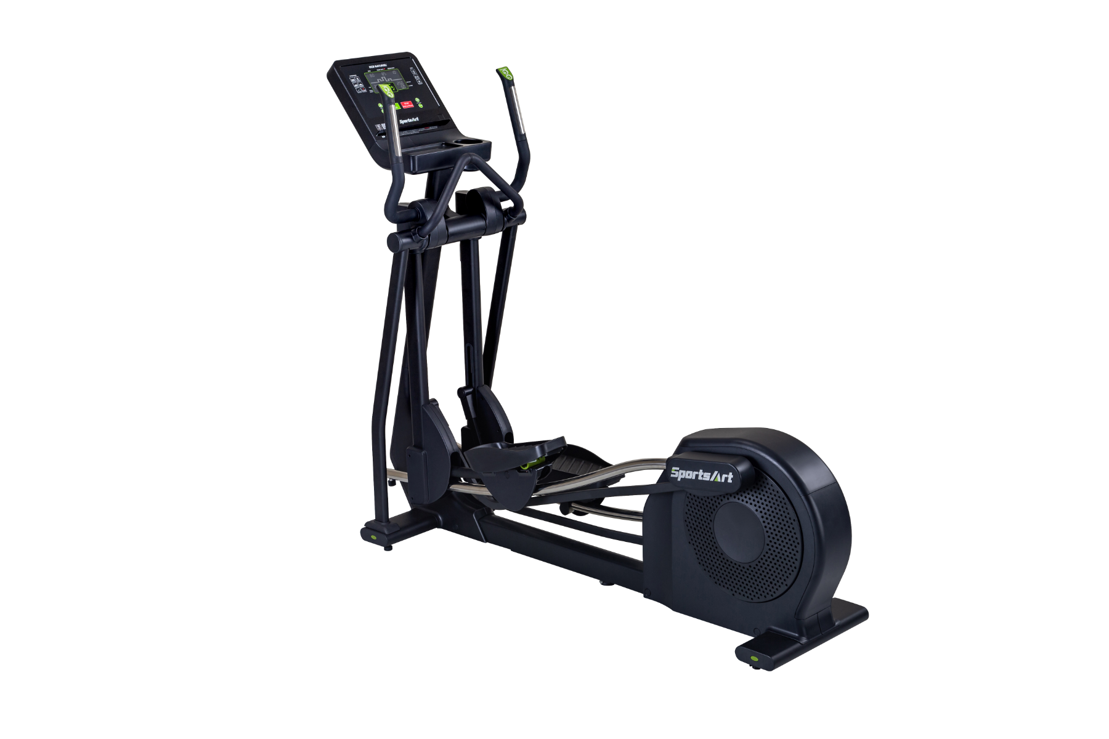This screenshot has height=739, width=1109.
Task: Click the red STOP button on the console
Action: coord(405,106)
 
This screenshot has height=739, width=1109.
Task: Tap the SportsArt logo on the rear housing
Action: coord(701,475)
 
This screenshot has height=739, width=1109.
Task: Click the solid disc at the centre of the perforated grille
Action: coord(741,530)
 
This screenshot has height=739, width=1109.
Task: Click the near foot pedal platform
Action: coord(514,450)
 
